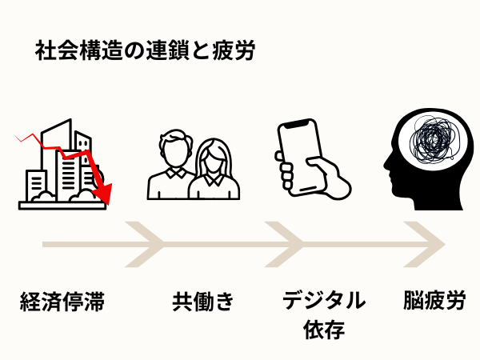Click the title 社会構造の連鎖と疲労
(144, 52)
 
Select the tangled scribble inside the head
(433, 140)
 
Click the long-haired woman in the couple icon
(214, 168)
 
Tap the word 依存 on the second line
(324, 329)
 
